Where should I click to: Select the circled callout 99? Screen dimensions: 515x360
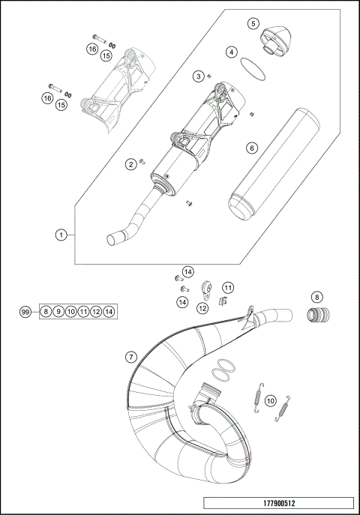coord(26,311)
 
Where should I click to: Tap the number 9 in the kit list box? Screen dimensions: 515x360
coord(58,311)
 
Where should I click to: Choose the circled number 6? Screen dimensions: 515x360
coord(252,148)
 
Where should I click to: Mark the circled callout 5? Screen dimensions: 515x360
coord(253,23)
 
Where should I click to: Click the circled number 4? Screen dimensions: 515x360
coord(232,52)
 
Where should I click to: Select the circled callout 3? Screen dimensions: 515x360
coord(198,76)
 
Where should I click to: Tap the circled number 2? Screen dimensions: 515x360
coord(130,164)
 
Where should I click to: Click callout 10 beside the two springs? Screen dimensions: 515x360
coord(271,400)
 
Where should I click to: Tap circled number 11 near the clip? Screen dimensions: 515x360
coord(227,287)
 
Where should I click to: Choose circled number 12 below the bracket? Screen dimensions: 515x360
coord(203,307)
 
